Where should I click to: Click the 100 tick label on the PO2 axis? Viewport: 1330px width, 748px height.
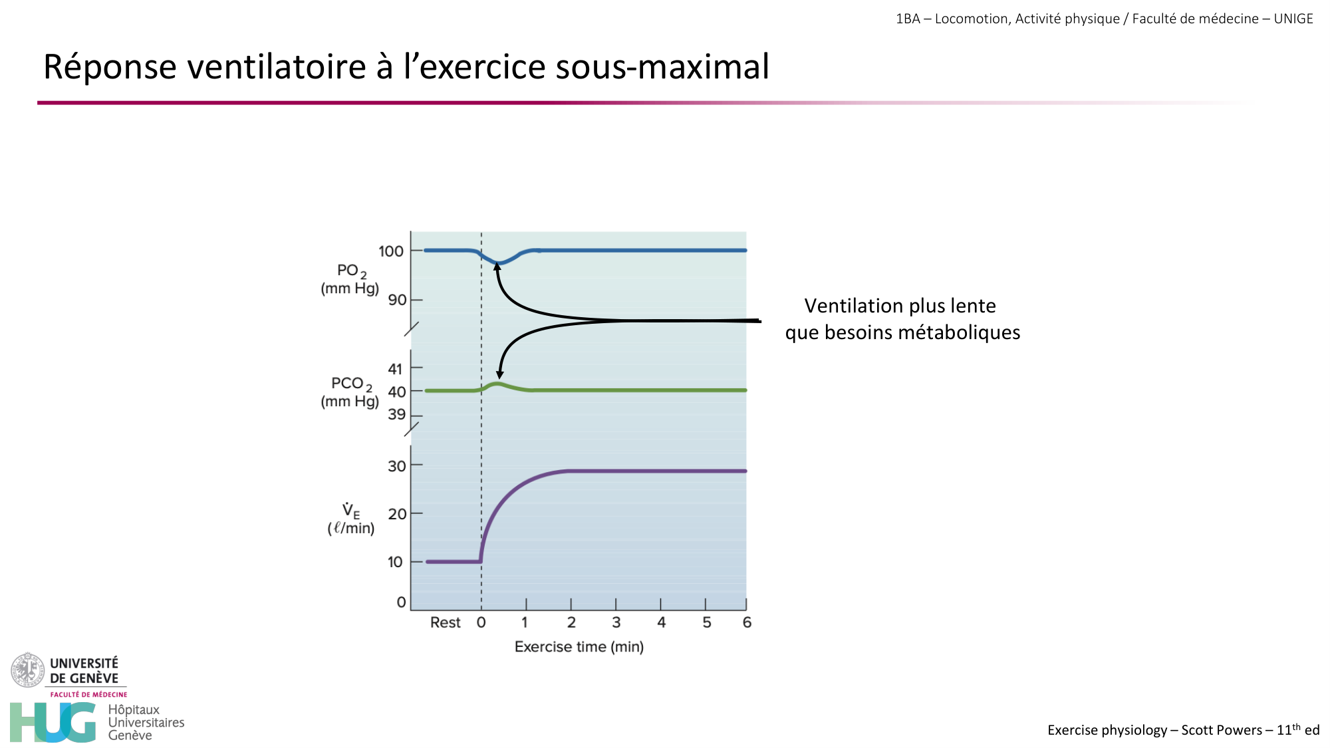(x=391, y=251)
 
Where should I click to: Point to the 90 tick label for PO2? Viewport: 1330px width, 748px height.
(x=397, y=300)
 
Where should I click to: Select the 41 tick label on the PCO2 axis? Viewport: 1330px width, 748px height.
(x=395, y=369)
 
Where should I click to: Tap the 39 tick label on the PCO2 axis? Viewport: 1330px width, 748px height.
(x=396, y=415)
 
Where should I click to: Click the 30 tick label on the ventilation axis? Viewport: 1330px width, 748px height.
(x=396, y=466)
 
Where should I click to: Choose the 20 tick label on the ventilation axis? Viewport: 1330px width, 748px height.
(x=396, y=514)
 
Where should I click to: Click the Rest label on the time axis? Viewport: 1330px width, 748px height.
(x=445, y=622)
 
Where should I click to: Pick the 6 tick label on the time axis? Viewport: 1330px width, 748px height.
(x=747, y=622)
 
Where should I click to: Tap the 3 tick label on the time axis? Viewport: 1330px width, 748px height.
(x=616, y=622)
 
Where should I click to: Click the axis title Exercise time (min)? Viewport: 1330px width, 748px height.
(x=579, y=647)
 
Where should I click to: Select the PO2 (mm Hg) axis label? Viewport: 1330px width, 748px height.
(x=350, y=279)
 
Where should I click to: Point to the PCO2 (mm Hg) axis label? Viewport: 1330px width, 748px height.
(x=350, y=392)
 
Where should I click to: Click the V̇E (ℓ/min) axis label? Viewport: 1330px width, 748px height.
(x=350, y=519)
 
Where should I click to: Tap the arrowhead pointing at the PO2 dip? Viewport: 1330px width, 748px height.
(x=497, y=267)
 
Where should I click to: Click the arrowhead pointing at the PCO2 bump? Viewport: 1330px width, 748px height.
(x=499, y=375)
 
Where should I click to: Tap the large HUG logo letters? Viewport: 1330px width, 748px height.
(x=53, y=722)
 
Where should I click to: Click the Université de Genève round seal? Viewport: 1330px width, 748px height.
(x=27, y=670)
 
